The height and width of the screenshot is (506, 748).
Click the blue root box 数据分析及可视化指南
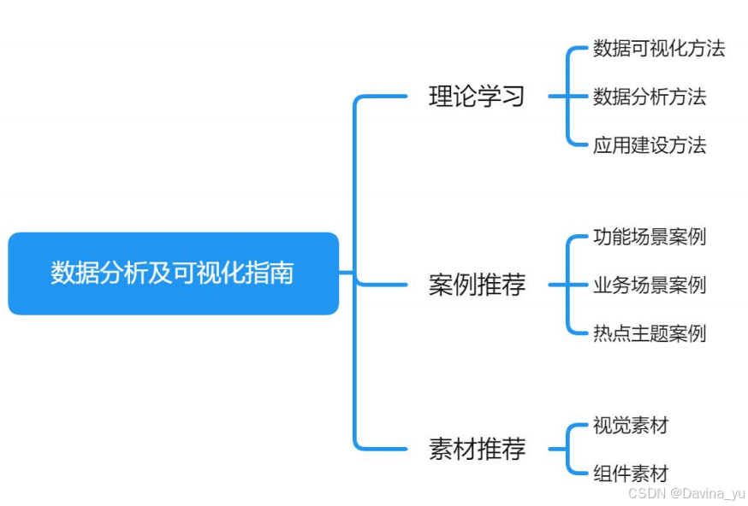click(173, 274)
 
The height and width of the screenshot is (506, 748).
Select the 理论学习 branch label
click(477, 97)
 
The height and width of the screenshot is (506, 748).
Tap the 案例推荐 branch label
click(477, 285)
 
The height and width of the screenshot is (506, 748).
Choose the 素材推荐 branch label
click(477, 449)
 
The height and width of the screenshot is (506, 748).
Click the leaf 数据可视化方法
click(658, 49)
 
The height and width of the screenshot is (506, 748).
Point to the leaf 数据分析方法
click(649, 97)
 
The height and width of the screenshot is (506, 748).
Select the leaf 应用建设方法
click(649, 144)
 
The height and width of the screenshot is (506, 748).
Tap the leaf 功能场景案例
click(649, 237)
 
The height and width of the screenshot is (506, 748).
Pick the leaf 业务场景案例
click(649, 285)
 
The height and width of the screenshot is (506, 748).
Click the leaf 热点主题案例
click(649, 332)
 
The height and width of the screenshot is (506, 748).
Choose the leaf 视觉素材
click(630, 425)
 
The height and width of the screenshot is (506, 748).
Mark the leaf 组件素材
click(630, 473)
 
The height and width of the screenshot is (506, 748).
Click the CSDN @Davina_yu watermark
click(686, 494)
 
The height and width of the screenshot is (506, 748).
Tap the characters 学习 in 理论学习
click(501, 97)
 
